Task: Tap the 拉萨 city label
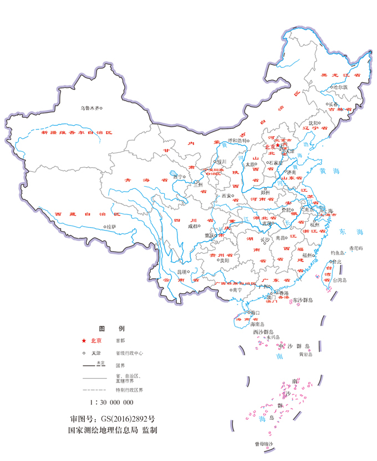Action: [x=111, y=227]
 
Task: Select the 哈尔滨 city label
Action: [x=339, y=87]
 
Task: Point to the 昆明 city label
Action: [x=181, y=272]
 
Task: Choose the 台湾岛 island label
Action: [x=337, y=280]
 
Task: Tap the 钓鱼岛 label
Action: [x=338, y=253]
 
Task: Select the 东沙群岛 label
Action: [x=303, y=300]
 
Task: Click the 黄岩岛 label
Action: [x=306, y=353]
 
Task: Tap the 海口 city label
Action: [x=256, y=313]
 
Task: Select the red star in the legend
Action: [x=84, y=340]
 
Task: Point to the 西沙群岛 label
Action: [x=264, y=332]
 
